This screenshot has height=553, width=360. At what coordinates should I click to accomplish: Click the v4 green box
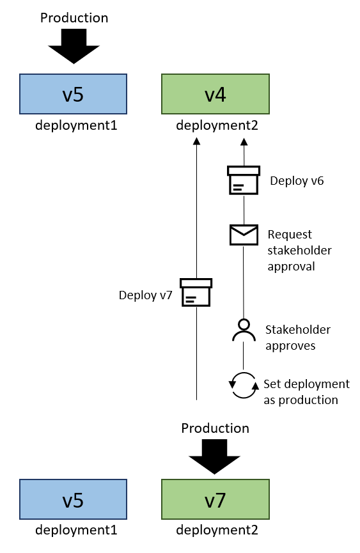pos(215,94)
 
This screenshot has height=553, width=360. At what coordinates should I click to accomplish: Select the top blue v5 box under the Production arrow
pos(73,94)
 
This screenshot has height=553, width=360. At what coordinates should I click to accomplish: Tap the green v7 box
pos(215,499)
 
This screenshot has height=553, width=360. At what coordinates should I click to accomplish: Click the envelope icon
pos(244,235)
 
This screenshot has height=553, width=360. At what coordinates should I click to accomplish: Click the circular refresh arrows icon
pos(244,385)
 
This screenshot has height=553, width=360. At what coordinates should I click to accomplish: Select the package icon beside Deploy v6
pos(244,180)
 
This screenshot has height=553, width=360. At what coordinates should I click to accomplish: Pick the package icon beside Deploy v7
pos(196,292)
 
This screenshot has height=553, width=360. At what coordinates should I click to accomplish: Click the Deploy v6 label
pos(297,181)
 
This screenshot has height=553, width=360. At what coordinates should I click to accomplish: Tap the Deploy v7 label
pos(145,295)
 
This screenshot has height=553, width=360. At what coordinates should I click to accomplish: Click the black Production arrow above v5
pos(74,46)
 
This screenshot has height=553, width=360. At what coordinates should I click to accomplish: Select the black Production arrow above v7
pos(214,456)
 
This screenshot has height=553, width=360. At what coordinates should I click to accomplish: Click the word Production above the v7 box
pos(215,428)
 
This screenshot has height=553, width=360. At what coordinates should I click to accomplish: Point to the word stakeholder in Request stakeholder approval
pos(299,251)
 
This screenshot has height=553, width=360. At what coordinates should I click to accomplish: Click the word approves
pos(290,346)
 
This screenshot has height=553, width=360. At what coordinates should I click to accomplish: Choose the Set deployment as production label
pos(306,392)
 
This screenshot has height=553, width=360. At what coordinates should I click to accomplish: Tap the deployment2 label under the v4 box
pos(217,125)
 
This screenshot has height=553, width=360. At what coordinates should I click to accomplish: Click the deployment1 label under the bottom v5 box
pos(76,530)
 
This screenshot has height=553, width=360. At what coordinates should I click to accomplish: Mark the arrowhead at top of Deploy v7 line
pos(196,141)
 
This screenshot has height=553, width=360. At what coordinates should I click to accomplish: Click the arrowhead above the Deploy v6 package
pos(244,141)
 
